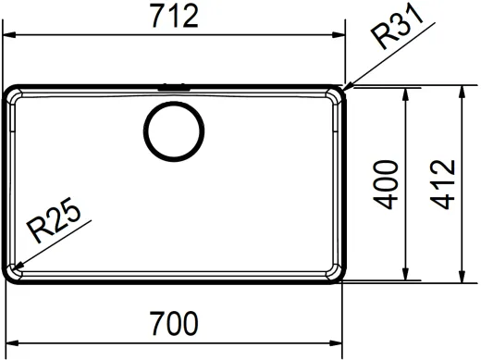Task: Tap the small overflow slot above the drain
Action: (174, 87)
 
